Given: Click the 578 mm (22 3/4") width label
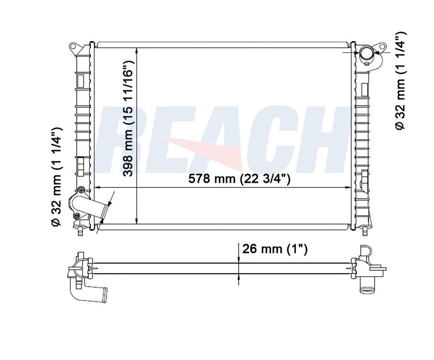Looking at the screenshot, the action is [x=239, y=179].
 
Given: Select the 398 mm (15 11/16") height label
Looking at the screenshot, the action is [x=129, y=118].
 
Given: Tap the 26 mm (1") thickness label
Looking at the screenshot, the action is [x=275, y=249].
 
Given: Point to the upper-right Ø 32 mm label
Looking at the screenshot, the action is [x=400, y=81].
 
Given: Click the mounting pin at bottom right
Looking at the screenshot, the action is [x=365, y=230].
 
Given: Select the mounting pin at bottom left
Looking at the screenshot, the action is [x=80, y=230].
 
